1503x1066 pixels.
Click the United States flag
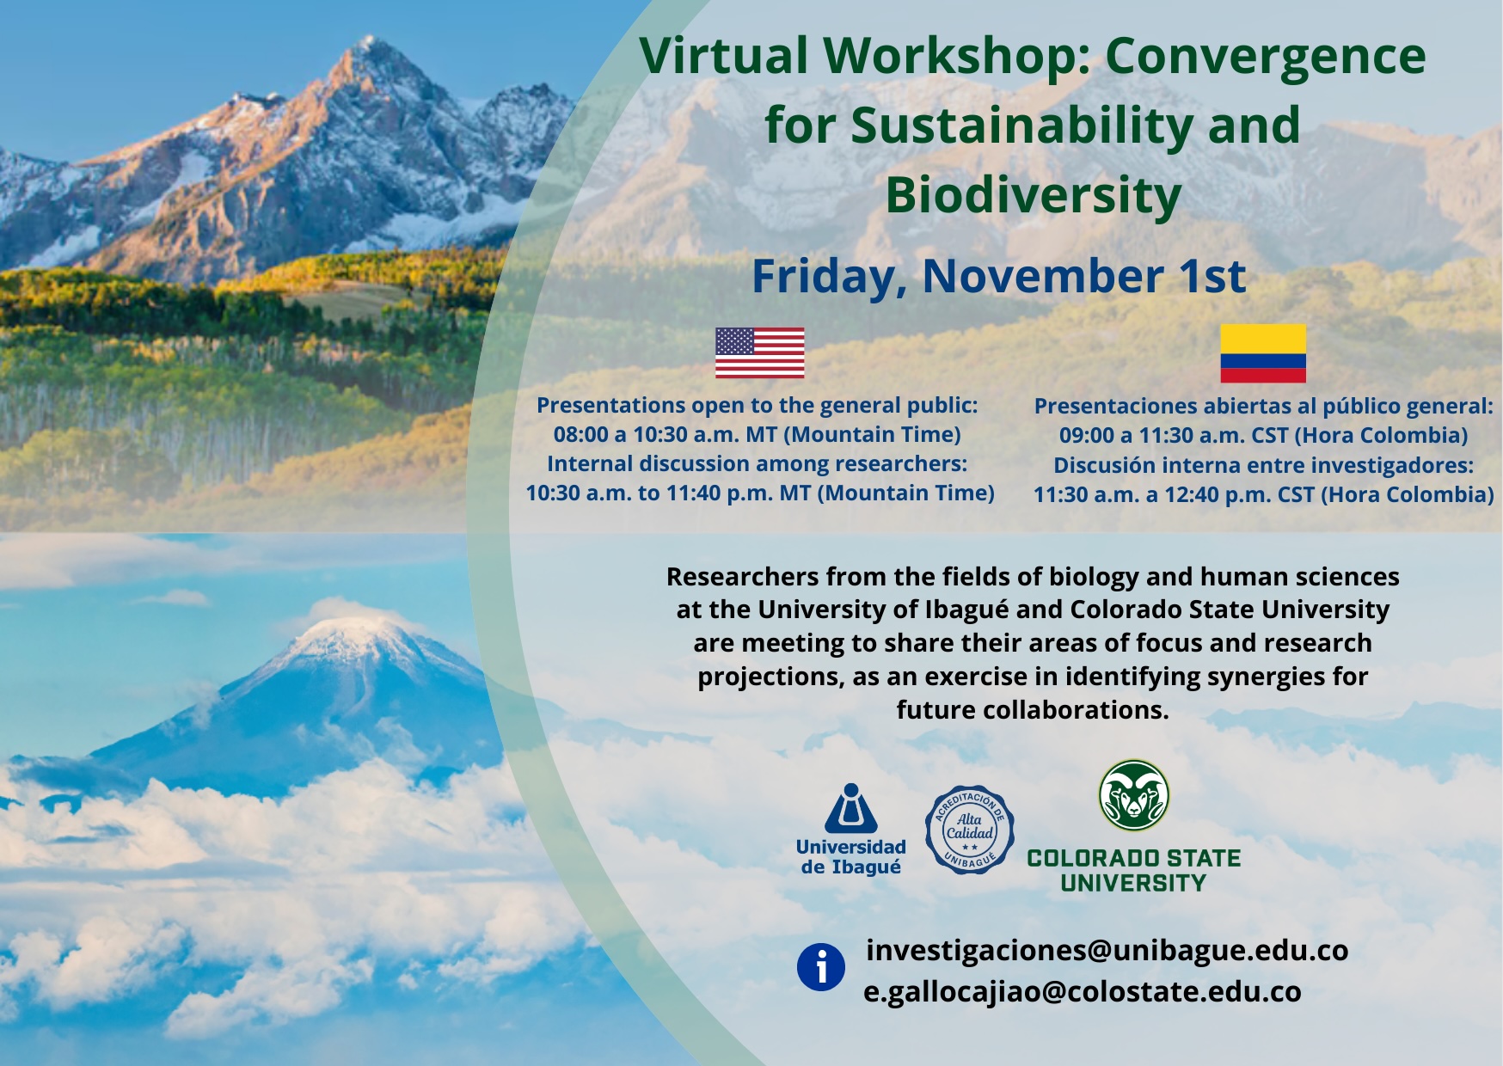760,352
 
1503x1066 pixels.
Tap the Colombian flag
1263,353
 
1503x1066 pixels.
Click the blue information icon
821,967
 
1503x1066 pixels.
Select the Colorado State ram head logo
1134,795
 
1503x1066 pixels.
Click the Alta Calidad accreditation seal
970,830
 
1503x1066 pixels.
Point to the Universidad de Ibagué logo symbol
851,808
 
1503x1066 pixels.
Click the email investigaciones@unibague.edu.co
1107,950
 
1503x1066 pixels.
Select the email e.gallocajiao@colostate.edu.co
1083,991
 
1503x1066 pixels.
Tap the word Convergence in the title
1266,57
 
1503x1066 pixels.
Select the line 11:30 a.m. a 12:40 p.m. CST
1173,494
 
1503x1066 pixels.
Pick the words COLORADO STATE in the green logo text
1134,858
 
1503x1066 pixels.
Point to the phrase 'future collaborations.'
1033,710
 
